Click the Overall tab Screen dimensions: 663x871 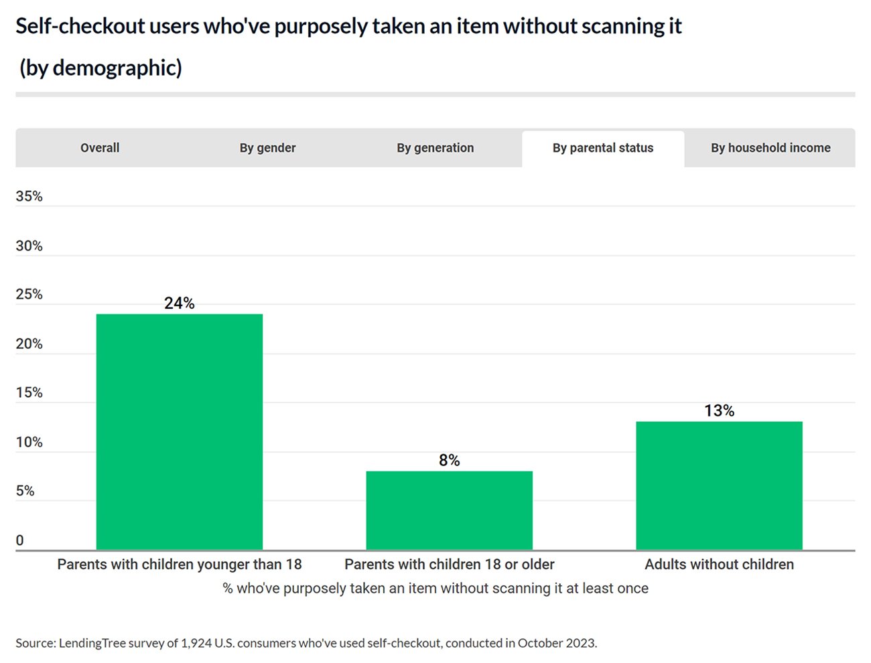click(x=100, y=148)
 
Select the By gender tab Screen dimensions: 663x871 click(x=267, y=148)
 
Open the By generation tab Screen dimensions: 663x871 click(x=435, y=148)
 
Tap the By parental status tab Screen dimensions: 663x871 click(x=602, y=148)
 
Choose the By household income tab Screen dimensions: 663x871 click(x=770, y=148)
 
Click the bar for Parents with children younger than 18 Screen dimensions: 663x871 click(x=180, y=432)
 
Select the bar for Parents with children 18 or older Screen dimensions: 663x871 click(x=449, y=510)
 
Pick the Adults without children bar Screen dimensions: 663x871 click(x=719, y=486)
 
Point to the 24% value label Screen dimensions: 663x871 click(x=180, y=303)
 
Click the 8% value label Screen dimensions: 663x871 click(x=449, y=460)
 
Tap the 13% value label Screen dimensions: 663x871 click(x=719, y=411)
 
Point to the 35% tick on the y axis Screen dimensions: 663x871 click(x=29, y=196)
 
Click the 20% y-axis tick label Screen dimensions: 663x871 click(x=29, y=344)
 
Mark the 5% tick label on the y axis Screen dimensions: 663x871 click(x=25, y=491)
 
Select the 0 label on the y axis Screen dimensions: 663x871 click(x=19, y=540)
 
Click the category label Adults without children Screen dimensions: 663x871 click(x=719, y=565)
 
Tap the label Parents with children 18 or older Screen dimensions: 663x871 click(x=449, y=565)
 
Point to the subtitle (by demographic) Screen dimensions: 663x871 click(x=100, y=68)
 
